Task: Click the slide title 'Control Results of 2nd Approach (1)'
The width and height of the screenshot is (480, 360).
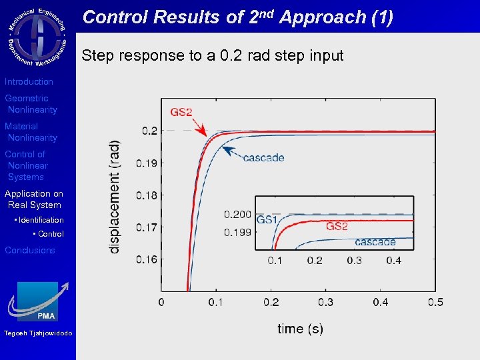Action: (237, 17)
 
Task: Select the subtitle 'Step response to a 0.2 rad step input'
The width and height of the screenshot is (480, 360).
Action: (212, 55)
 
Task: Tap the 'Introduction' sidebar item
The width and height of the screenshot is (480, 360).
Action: (29, 81)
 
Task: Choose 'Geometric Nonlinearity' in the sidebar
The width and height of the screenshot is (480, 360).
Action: (31, 104)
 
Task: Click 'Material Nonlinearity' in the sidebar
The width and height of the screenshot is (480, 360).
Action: (31, 132)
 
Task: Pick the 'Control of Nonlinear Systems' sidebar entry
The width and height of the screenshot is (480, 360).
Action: (26, 165)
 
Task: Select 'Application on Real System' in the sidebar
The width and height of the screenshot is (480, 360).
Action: (33, 199)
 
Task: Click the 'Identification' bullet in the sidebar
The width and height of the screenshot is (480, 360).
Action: (41, 220)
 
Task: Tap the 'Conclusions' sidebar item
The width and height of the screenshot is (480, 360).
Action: (30, 250)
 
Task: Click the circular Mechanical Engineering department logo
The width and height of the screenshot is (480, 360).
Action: (37, 36)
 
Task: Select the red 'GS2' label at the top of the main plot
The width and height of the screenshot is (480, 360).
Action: (181, 111)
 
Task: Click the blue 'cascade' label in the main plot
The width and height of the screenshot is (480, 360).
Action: (263, 158)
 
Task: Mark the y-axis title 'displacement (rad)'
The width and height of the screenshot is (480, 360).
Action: (115, 196)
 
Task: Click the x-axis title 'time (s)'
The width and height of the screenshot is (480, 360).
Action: (300, 328)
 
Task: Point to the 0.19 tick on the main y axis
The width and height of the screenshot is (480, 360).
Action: (147, 163)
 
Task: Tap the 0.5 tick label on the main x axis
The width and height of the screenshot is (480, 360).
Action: (435, 303)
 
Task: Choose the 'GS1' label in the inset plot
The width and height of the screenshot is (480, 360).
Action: (267, 220)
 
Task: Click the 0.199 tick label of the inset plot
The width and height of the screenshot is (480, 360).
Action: (237, 233)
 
